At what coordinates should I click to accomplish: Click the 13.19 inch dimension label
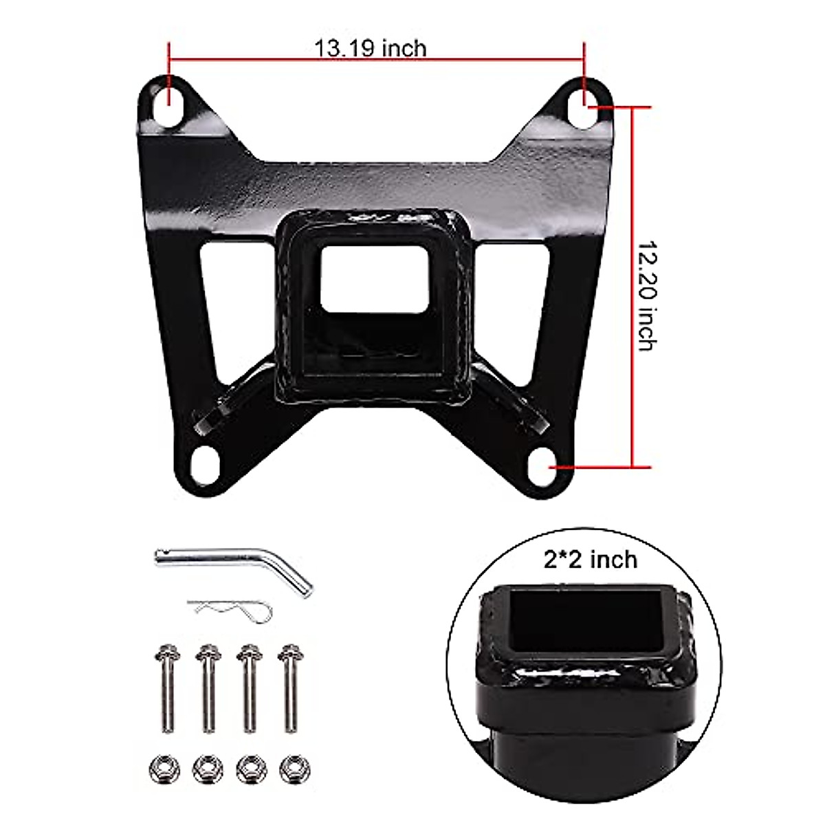[x=370, y=48]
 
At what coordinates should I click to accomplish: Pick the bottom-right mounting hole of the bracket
[x=545, y=459]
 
